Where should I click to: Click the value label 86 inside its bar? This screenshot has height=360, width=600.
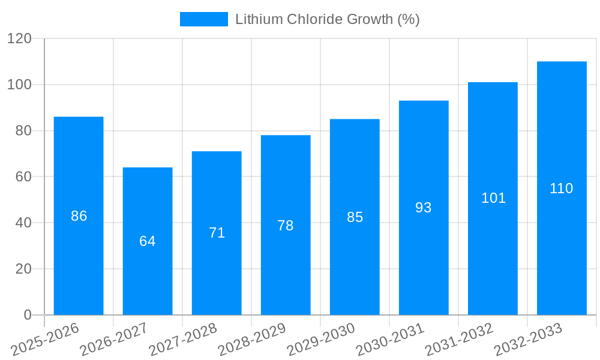point(79,216)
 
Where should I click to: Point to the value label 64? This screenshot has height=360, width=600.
point(148,241)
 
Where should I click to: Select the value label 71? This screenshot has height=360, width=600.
point(217,233)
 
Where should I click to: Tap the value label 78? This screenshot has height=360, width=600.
point(286,226)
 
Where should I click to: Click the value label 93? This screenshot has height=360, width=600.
point(424,208)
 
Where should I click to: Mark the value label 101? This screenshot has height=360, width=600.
point(493,198)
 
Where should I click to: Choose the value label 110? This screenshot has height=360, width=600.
point(562,188)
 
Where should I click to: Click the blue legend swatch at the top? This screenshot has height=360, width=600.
point(204,19)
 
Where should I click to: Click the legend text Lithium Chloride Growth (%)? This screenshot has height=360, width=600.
point(327,19)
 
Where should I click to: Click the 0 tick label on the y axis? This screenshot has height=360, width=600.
point(27,315)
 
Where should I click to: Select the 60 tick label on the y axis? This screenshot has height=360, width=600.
point(23,177)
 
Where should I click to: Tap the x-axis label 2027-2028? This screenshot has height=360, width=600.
point(183,340)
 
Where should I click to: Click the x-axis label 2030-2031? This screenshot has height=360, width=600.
point(390,340)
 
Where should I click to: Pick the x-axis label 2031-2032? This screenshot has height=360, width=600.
point(459,340)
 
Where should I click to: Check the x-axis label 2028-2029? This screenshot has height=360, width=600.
point(252,340)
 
